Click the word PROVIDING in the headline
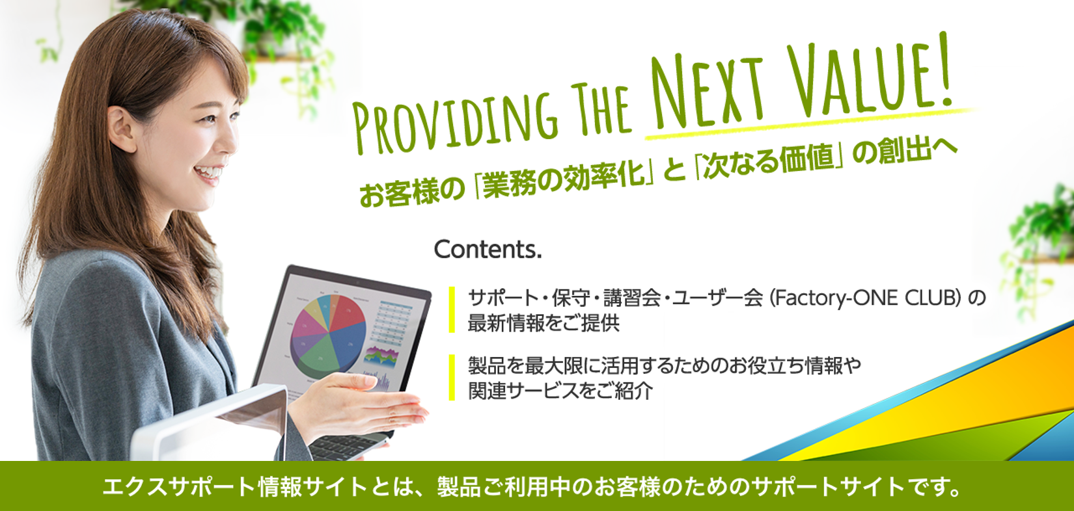pyautogui.click(x=456, y=122)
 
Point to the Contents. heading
pyautogui.click(x=488, y=250)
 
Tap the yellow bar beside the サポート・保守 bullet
pyautogui.click(x=452, y=309)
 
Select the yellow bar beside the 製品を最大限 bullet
pyautogui.click(x=452, y=377)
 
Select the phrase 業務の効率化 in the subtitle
pyautogui.click(x=564, y=181)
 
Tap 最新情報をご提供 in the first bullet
pyautogui.click(x=544, y=322)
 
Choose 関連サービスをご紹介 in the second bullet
pyautogui.click(x=560, y=391)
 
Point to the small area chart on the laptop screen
pyautogui.click(x=381, y=358)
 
